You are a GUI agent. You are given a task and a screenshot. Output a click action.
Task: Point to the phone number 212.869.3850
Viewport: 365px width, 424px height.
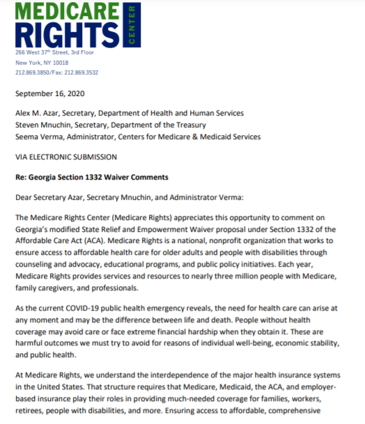pos(31,72)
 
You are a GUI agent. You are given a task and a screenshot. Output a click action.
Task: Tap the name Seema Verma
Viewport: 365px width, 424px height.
pos(40,136)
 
